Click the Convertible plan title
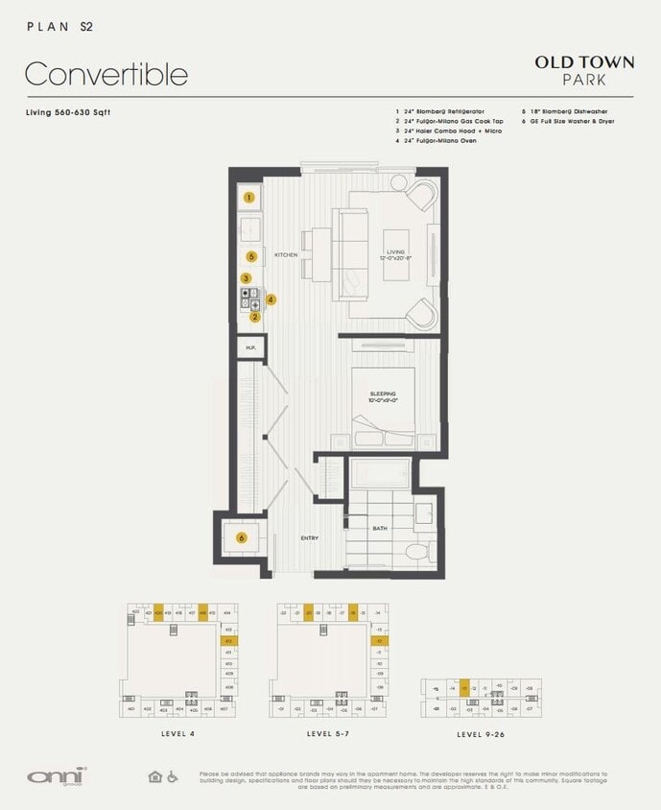coord(106,74)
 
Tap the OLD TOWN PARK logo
coord(584,70)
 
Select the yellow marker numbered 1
coord(248,198)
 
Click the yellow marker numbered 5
coord(250,256)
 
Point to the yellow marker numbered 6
coord(241,538)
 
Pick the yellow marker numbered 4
coord(271,299)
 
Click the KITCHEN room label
coord(287,254)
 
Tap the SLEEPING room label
coord(383,394)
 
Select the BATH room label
coord(380,527)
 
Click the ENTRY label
coord(309,538)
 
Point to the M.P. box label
coord(249,347)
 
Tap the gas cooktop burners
coord(250,299)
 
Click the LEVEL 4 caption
coord(179,733)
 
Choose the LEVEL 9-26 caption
coord(481,733)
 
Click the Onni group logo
coord(57,774)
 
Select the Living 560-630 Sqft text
coord(67,112)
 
